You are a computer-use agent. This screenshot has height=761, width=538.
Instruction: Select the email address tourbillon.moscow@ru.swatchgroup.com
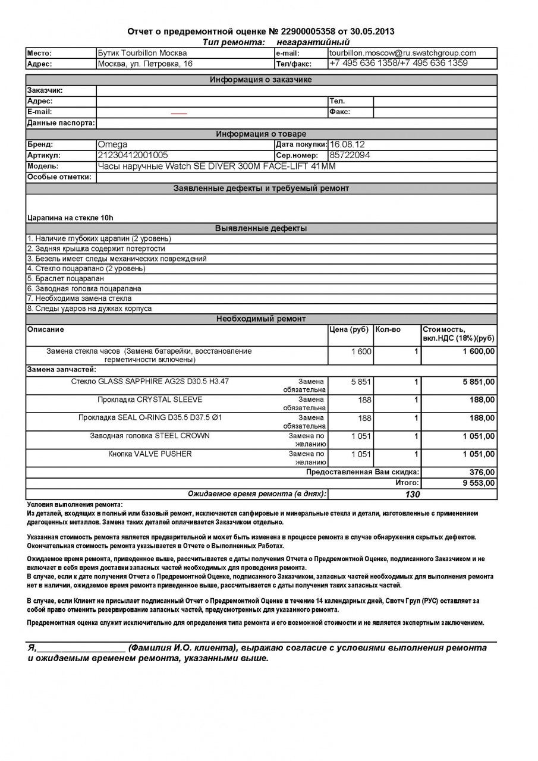point(402,53)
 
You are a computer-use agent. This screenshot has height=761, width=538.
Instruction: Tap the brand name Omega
point(112,144)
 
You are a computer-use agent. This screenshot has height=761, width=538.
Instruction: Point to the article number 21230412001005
point(133,155)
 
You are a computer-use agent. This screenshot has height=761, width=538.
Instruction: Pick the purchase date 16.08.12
point(347,144)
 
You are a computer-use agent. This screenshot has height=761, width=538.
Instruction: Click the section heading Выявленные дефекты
point(261,228)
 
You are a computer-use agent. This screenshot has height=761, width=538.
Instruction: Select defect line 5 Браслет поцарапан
point(65,278)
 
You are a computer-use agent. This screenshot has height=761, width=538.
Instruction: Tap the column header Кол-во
point(388,329)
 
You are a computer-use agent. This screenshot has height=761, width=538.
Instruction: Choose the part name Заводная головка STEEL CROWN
point(150,436)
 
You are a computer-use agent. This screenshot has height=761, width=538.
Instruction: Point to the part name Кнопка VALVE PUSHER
point(150,454)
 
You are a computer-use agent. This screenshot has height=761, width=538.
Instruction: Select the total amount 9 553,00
point(479,483)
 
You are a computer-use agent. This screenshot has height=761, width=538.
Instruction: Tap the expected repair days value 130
point(412,494)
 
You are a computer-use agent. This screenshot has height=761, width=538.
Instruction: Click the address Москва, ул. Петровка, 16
point(145,64)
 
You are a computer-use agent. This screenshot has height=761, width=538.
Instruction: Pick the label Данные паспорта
point(61,123)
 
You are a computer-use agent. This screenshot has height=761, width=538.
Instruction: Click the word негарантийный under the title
point(313,42)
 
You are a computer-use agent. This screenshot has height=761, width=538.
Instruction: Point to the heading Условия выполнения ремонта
point(75,504)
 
